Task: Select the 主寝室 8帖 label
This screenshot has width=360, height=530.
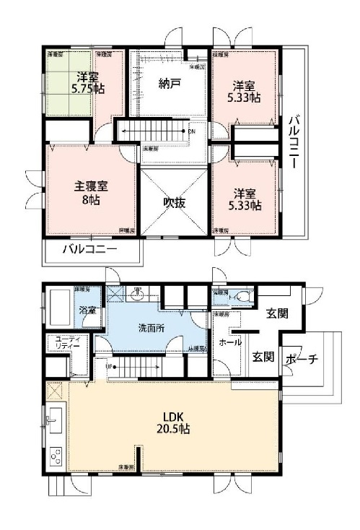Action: [x=90, y=191]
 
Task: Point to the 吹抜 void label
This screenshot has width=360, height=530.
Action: [x=174, y=203]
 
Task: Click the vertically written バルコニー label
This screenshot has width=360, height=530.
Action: [x=293, y=142]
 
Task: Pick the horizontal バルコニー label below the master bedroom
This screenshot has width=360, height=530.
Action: [x=89, y=251]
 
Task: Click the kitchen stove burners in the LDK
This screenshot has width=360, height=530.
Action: [x=55, y=456]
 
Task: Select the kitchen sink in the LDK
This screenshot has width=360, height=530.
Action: [x=53, y=419]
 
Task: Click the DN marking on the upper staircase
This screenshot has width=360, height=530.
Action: [x=190, y=132]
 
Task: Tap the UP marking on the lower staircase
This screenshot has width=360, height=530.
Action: [x=109, y=367]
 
